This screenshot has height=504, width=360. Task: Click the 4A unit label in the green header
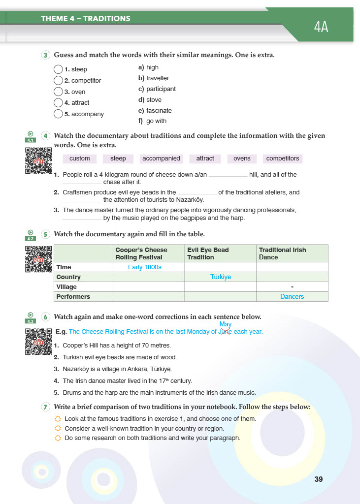(321, 27)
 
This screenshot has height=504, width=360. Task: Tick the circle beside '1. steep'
(58, 69)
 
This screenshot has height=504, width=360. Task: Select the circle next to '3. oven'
(58, 92)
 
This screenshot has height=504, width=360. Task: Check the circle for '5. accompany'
(58, 114)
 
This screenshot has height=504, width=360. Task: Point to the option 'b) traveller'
(154, 78)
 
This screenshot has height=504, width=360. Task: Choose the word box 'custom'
(80, 158)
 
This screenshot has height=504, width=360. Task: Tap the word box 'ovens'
(242, 158)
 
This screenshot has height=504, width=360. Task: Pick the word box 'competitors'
(282, 158)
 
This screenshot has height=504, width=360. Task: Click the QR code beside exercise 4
(38, 160)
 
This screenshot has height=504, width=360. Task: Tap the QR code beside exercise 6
(38, 341)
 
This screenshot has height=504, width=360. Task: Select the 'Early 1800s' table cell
(145, 267)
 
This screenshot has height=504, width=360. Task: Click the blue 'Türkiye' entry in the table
(220, 277)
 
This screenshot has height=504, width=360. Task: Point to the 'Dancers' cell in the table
(292, 297)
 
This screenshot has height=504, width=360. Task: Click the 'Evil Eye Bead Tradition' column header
(208, 253)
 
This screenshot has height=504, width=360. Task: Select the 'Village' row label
(67, 287)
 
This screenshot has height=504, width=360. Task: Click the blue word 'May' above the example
(226, 324)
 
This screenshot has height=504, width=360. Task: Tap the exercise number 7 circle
(46, 407)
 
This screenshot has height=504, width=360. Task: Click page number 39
(318, 479)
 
